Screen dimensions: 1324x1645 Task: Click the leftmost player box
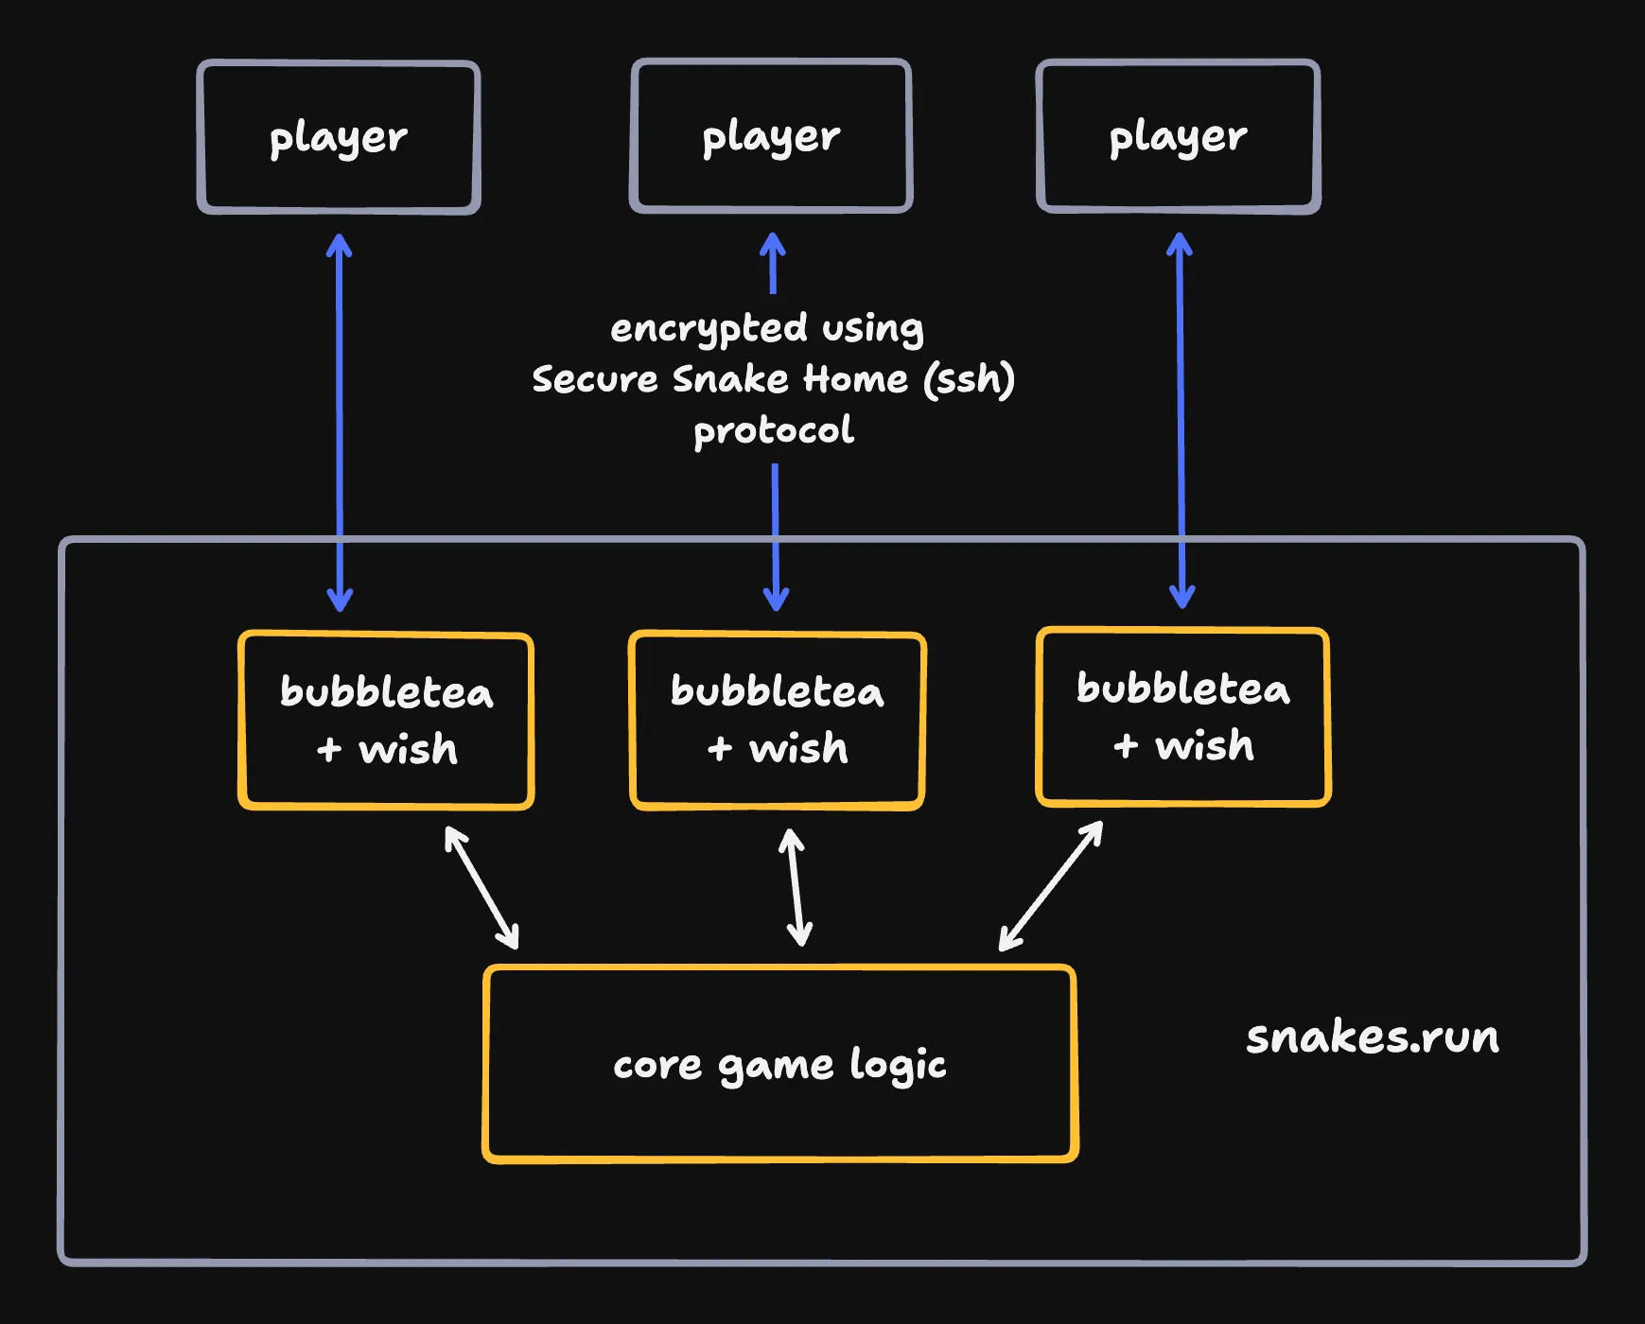pyautogui.click(x=339, y=138)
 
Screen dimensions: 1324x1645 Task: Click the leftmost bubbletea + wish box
pyautogui.click(x=386, y=721)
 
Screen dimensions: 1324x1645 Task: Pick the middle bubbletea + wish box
pyautogui.click(x=777, y=721)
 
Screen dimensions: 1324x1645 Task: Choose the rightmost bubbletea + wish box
pyautogui.click(x=1183, y=717)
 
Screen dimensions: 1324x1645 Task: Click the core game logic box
pyautogui.click(x=780, y=1064)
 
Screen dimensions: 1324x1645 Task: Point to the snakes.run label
pyautogui.click(x=1372, y=1037)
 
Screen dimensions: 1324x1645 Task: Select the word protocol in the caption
pyautogui.click(x=774, y=431)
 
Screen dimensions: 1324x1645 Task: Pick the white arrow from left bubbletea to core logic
pyautogui.click(x=481, y=887)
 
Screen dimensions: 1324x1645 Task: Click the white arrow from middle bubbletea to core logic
pyautogui.click(x=796, y=887)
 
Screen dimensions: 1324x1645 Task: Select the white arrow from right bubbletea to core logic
pyautogui.click(x=1051, y=885)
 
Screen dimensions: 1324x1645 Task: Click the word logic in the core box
pyautogui.click(x=898, y=1066)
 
